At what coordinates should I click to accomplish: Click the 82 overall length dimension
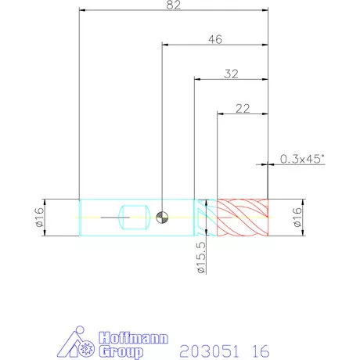coord(174,5)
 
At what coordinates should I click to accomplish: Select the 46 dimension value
coord(215,39)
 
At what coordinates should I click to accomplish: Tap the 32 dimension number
coord(231,74)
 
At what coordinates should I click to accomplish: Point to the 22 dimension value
coord(243,108)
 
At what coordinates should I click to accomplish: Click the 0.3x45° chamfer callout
coord(302,159)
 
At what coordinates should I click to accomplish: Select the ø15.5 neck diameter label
coord(201,257)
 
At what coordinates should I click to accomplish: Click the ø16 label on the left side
coord(39,218)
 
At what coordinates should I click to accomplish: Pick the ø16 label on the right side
coord(297,218)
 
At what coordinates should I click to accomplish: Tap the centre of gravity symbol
coord(162,218)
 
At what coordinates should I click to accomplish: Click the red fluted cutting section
coord(243,218)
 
